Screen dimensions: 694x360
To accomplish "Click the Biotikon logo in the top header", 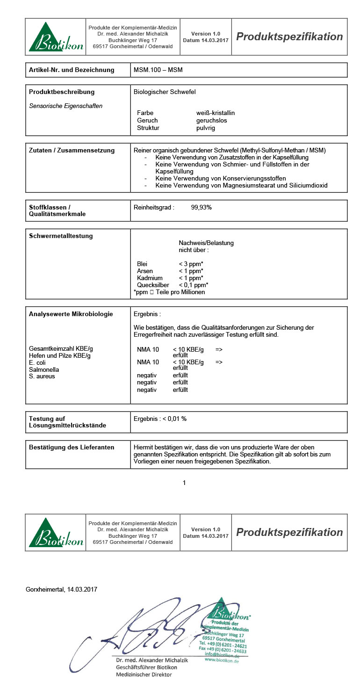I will [56, 37].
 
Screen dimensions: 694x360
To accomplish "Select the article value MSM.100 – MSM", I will [158, 70].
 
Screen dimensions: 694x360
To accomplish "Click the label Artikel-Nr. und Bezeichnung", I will [72, 70].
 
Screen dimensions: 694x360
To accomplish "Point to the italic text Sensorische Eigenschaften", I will [65, 106].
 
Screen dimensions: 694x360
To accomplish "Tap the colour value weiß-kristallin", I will [216, 113].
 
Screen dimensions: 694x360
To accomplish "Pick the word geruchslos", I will [211, 121].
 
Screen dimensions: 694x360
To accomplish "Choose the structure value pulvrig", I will [206, 128].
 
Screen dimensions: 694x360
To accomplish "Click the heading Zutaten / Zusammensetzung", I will [72, 151].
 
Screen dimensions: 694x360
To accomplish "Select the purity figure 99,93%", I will [202, 207].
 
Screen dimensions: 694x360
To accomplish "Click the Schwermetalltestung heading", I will [61, 236].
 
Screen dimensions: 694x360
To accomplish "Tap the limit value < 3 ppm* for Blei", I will [191, 264].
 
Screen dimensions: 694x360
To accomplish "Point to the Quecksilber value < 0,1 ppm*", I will [193, 285].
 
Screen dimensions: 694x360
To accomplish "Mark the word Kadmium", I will [150, 278].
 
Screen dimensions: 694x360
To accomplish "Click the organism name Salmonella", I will [44, 369].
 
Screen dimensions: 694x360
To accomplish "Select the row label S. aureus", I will [42, 376].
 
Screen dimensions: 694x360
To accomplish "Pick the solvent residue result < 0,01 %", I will [174, 419].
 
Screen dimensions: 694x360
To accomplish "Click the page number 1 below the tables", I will [184, 483].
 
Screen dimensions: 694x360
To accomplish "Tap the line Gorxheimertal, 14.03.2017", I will [61, 590].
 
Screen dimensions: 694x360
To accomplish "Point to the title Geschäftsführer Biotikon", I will [145, 667].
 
